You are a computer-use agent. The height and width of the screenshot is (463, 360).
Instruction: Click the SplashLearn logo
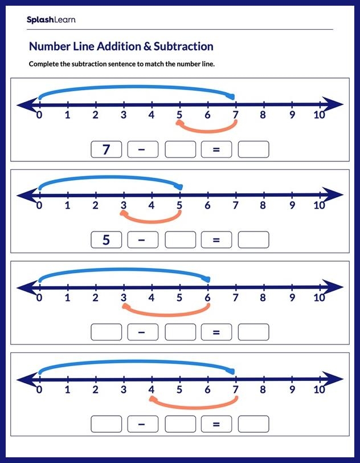coord(51,20)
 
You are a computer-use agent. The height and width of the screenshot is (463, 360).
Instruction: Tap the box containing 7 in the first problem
coord(106,149)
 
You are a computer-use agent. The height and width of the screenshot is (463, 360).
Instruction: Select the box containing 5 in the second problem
coord(106,240)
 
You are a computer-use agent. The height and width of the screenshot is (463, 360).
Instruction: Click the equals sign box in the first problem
coord(216,149)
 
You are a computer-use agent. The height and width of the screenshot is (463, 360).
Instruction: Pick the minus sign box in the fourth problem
coord(143,424)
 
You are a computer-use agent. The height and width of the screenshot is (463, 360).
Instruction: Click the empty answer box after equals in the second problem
coord(253,240)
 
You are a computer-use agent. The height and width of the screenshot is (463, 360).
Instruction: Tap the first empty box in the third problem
coord(106,331)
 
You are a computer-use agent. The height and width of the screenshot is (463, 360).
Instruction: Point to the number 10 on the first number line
coord(319,115)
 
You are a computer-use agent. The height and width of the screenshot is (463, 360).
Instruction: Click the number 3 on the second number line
coord(124,206)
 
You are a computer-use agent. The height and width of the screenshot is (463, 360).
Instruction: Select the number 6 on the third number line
coord(207,297)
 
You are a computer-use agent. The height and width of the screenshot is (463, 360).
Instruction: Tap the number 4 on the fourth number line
coord(152,390)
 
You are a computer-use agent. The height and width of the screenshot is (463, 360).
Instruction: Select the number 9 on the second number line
coord(292,206)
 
